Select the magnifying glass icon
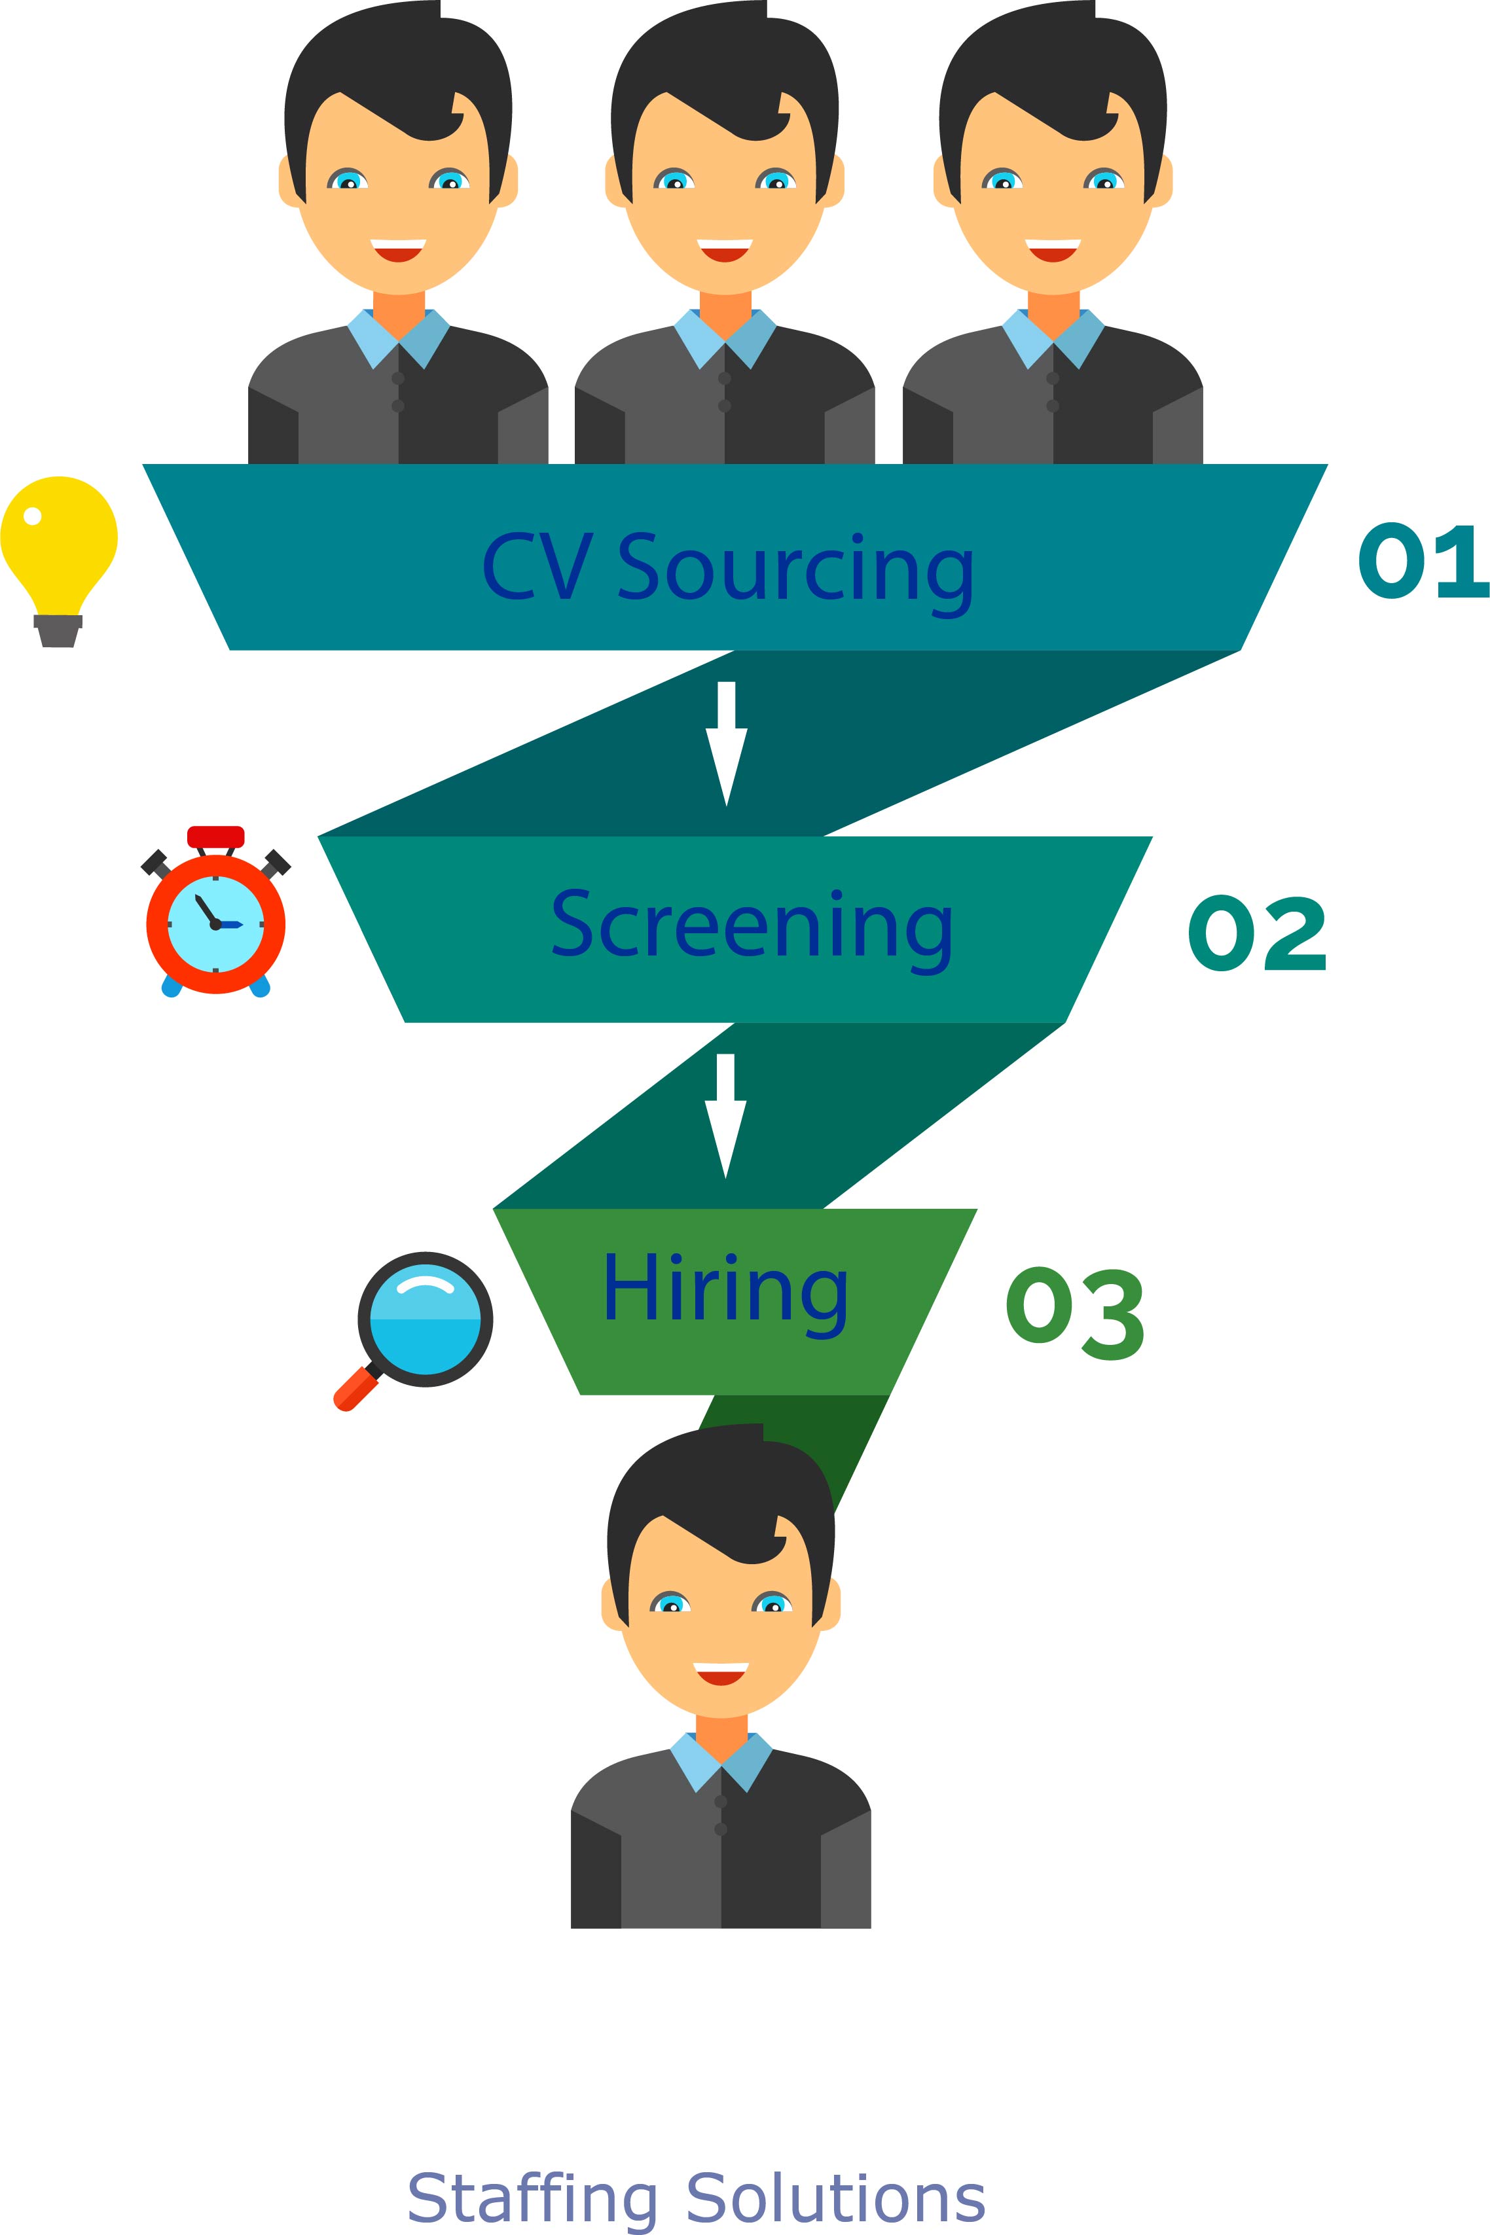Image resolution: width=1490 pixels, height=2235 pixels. [x=425, y=1319]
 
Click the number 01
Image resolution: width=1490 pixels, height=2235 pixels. [x=1421, y=562]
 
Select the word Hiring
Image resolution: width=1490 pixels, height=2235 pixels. [x=725, y=1291]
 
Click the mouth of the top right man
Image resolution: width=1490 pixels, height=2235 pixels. [x=1053, y=250]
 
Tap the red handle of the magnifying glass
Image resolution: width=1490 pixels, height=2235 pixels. [x=354, y=1389]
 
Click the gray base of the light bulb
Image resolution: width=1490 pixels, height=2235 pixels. [x=58, y=631]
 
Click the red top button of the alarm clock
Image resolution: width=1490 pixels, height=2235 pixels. [x=215, y=836]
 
